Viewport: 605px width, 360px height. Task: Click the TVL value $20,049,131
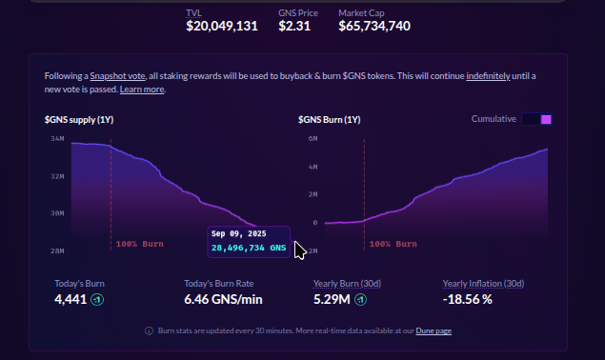click(222, 27)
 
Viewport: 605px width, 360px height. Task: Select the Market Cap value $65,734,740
click(374, 27)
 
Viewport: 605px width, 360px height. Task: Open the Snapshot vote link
click(118, 75)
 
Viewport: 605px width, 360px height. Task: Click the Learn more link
click(142, 89)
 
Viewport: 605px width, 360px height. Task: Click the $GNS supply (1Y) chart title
click(80, 119)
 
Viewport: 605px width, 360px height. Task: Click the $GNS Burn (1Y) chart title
click(329, 119)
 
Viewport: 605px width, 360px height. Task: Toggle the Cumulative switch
click(536, 119)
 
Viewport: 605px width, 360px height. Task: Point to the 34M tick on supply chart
click(56, 139)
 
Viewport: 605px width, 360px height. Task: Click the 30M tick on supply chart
click(56, 213)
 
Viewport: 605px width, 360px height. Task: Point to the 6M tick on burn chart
click(312, 139)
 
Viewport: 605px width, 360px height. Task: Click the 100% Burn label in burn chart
click(393, 244)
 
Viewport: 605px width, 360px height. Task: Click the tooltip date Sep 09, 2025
click(238, 233)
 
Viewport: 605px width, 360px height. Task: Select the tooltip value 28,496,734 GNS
click(248, 248)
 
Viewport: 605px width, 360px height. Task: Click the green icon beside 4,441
click(96, 300)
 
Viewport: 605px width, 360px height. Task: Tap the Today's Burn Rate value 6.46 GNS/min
click(223, 300)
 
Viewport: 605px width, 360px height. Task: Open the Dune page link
click(434, 330)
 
